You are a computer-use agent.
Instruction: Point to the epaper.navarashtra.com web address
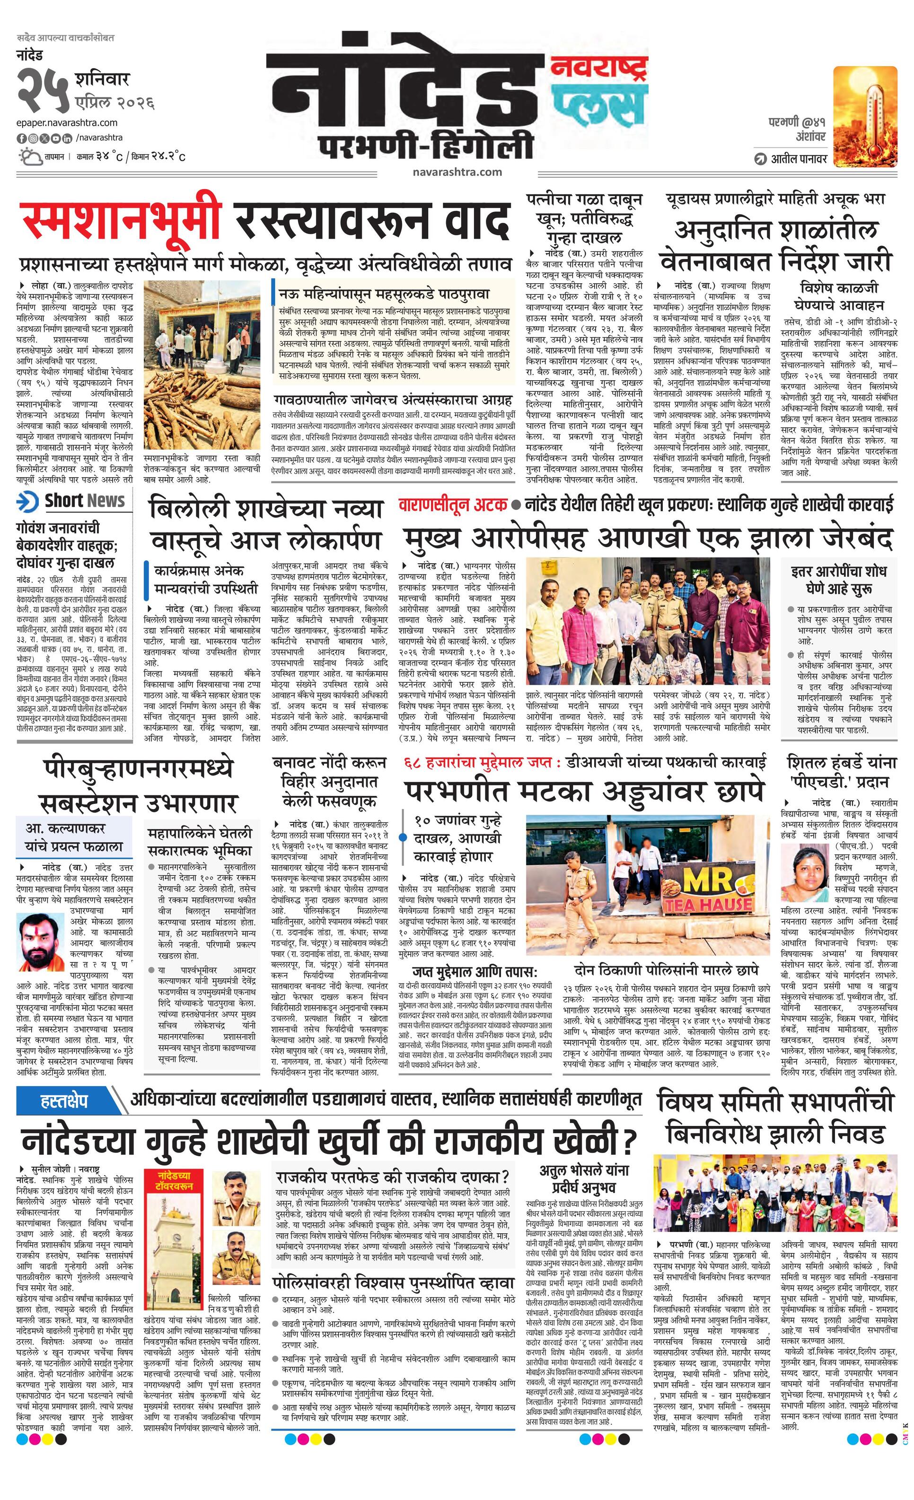67,123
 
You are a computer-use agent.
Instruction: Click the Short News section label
84,501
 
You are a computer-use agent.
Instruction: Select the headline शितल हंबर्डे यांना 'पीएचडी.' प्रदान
842,771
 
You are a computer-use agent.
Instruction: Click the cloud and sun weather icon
30,157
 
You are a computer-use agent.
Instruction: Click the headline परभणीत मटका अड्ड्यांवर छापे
583,791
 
